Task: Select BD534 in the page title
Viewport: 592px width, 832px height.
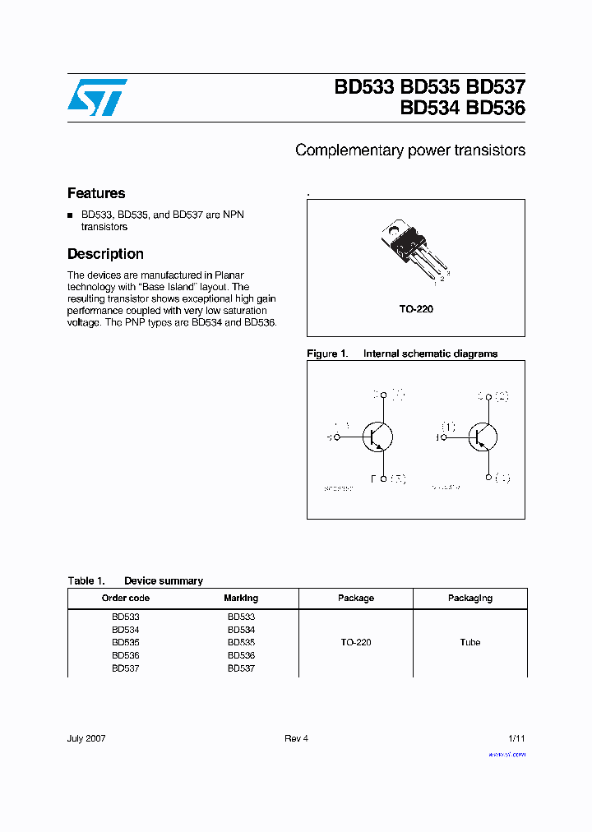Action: pyautogui.click(x=430, y=109)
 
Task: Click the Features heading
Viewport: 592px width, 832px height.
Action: pyautogui.click(x=96, y=193)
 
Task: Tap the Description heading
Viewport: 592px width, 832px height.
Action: pyautogui.click(x=105, y=254)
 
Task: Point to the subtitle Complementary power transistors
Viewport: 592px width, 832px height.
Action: pyautogui.click(x=409, y=150)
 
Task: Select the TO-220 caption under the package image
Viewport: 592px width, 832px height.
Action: pyautogui.click(x=416, y=309)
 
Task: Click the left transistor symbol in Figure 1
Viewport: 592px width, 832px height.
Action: pyautogui.click(x=377, y=437)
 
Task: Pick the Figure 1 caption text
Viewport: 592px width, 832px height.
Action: pyautogui.click(x=402, y=354)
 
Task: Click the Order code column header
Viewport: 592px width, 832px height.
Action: pyautogui.click(x=126, y=599)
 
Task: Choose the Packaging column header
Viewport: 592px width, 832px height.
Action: pyautogui.click(x=469, y=599)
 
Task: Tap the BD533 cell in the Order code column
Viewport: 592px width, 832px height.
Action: pyautogui.click(x=126, y=617)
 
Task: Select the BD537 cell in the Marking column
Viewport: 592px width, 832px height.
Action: pyautogui.click(x=241, y=668)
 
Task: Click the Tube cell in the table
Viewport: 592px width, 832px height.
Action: pyautogui.click(x=469, y=642)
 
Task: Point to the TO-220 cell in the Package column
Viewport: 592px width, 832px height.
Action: pyautogui.click(x=356, y=642)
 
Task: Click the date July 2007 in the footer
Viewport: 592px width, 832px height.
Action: pyautogui.click(x=86, y=738)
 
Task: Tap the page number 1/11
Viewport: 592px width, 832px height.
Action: pyautogui.click(x=516, y=738)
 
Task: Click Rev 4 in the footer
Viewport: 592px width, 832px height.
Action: pyautogui.click(x=296, y=738)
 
